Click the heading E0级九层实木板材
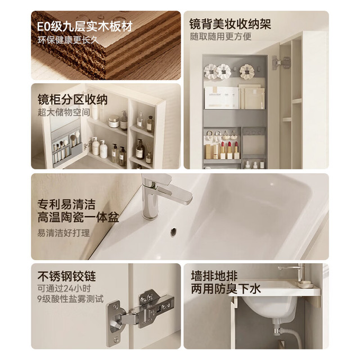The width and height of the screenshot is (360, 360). coord(85,26)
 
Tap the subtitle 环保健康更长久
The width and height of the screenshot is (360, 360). coord(69,40)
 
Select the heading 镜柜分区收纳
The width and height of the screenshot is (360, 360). coord(73,100)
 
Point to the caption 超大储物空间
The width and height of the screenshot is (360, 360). coord(64,112)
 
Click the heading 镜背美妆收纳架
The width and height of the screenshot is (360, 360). coord(230,24)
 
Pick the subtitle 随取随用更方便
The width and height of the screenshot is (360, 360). coord(220,37)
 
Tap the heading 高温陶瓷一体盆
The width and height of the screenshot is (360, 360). coord(78,217)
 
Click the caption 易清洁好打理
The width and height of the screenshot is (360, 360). coord(64,233)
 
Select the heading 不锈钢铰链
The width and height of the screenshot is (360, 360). coord(66,276)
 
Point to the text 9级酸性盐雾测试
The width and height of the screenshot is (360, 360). coord(70,299)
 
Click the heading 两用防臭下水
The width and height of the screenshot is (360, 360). coord(226,289)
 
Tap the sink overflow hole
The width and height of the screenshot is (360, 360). coord(173,231)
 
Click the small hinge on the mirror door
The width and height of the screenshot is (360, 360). coord(281,62)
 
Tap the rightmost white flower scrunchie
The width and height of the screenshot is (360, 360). coord(247,71)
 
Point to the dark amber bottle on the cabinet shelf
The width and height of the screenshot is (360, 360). coord(140,150)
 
